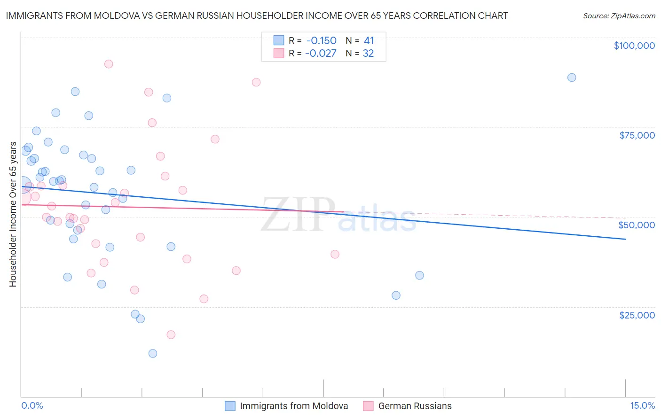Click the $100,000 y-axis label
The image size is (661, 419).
[634, 46]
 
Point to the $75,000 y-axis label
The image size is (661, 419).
[637, 135]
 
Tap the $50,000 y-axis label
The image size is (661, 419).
[637, 225]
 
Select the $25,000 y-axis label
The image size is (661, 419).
[637, 315]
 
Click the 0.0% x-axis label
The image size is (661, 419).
[32, 405]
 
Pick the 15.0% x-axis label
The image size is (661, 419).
[642, 405]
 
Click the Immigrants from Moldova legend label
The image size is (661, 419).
[294, 406]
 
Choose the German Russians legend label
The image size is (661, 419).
[415, 406]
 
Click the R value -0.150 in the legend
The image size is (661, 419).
[321, 41]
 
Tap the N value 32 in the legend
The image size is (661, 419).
[368, 54]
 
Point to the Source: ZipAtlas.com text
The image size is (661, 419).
[619, 16]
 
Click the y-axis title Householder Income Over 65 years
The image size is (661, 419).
[13, 214]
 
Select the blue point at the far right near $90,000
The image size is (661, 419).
[571, 78]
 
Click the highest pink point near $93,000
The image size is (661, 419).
[109, 64]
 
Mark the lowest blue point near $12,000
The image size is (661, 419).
[153, 353]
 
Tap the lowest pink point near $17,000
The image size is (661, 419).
[171, 334]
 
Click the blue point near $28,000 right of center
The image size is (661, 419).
[396, 295]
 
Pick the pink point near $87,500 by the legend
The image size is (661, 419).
[256, 82]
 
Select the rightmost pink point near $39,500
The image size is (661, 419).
[335, 254]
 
